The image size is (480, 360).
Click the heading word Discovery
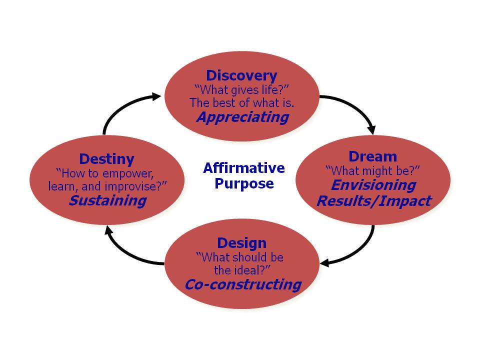pos(241,75)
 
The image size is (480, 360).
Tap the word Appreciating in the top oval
pos(242,117)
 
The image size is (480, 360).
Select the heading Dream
pos(372,156)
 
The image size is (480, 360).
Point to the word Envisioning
pos(373,185)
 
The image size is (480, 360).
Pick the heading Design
pos(241,243)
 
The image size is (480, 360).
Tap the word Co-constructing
pos(242,284)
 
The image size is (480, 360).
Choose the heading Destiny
pos(106,159)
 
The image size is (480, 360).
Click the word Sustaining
pos(107,200)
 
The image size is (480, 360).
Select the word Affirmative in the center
pos(244,168)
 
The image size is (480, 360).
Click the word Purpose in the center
pos(244,183)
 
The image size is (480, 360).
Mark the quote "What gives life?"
pos(241,89)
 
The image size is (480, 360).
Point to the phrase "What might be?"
pos(372,170)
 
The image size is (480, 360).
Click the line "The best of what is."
pos(241,103)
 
